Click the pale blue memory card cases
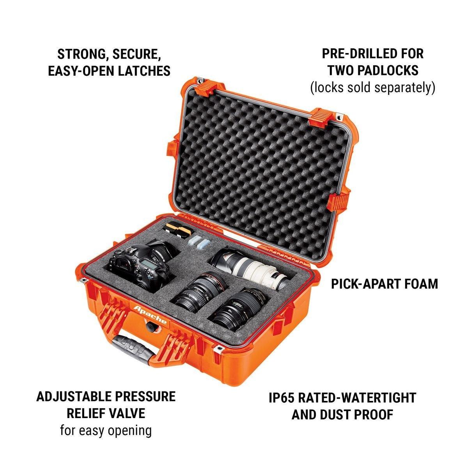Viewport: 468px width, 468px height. [198, 244]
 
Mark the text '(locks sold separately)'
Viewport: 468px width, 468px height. [373, 87]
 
